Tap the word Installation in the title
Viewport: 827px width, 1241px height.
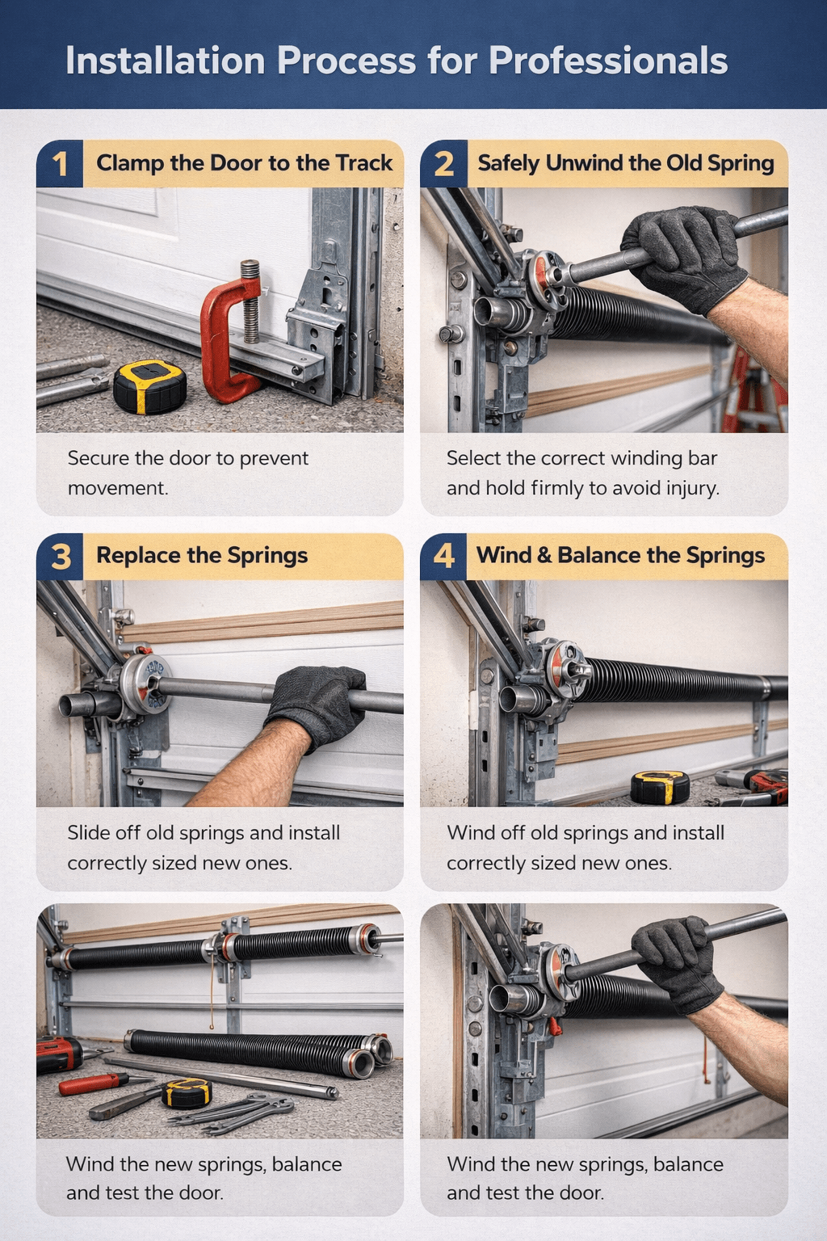[165, 61]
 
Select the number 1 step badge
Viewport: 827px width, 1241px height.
[60, 164]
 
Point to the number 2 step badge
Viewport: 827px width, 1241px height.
[443, 164]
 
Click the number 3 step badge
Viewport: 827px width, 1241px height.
[60, 557]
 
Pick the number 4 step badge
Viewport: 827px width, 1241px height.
[443, 556]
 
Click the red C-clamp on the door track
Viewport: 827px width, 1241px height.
[231, 331]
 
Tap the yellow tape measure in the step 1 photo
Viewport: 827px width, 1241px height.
[149, 386]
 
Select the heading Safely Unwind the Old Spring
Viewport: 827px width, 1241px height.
[625, 163]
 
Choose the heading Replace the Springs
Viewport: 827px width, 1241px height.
[202, 556]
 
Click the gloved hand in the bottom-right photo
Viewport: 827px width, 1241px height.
[678, 961]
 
